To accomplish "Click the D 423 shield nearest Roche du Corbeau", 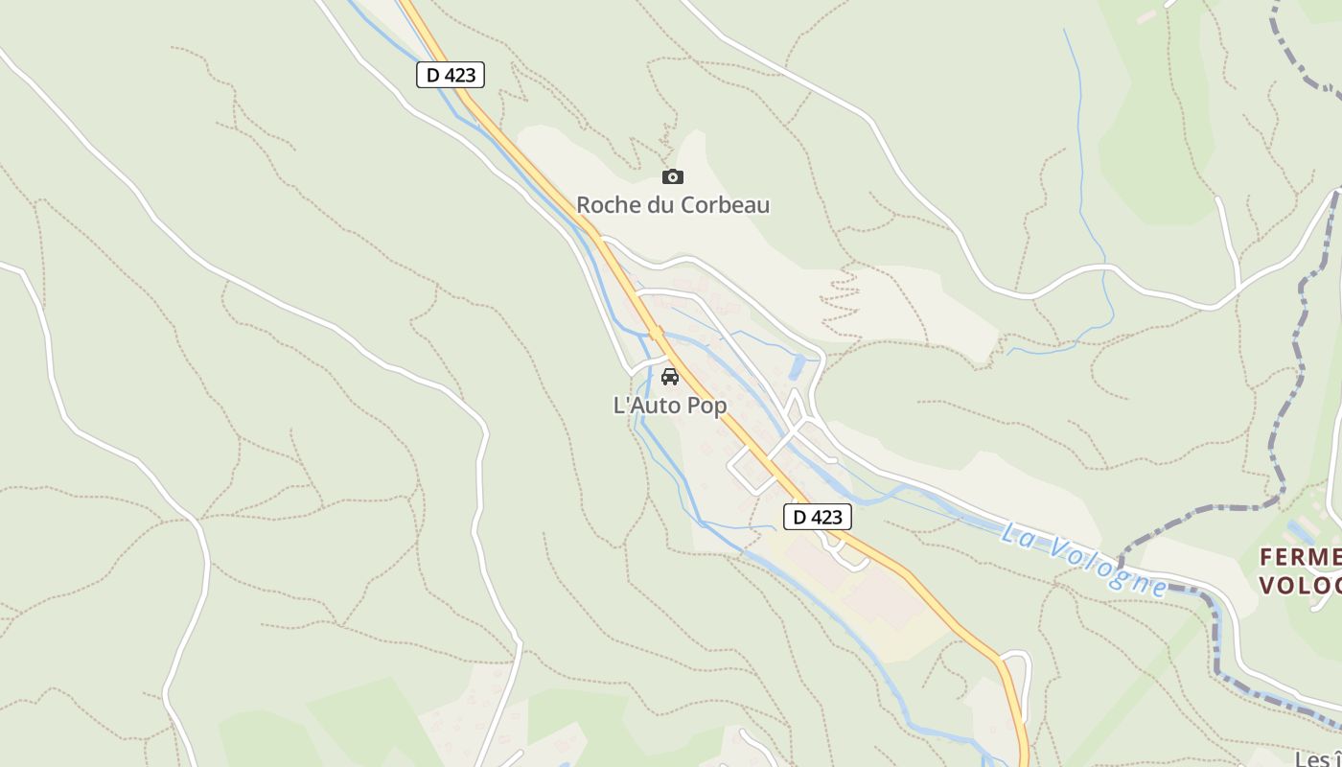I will pyautogui.click(x=451, y=75).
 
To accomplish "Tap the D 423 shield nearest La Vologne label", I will pyautogui.click(x=818, y=517).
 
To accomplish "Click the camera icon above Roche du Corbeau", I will pyautogui.click(x=673, y=176).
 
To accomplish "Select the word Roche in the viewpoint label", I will pyautogui.click(x=607, y=205).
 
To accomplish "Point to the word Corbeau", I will pyautogui.click(x=728, y=205).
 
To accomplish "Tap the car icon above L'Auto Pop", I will pyautogui.click(x=670, y=376).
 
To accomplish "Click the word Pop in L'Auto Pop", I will pyautogui.click(x=706, y=406).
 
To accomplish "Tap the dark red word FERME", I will pyautogui.click(x=1300, y=557).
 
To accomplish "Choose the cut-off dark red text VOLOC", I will pyautogui.click(x=1300, y=585).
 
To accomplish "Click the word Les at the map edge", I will pyautogui.click(x=1313, y=759).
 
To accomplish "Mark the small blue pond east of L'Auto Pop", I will pyautogui.click(x=798, y=365).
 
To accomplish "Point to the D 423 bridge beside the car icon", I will pyautogui.click(x=656, y=335).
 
